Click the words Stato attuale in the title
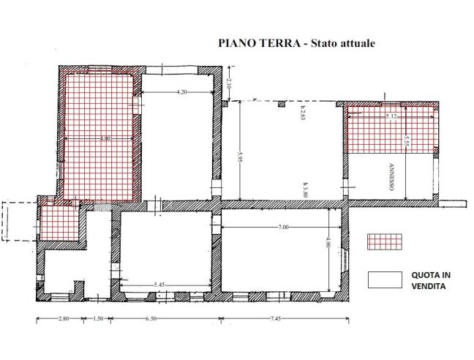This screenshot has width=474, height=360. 343,43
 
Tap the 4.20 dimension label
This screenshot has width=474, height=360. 181,92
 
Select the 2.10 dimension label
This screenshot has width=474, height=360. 228,84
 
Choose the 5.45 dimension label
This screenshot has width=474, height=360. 163,284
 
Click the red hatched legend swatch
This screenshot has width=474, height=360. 385,241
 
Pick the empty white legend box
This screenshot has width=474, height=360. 385,279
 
